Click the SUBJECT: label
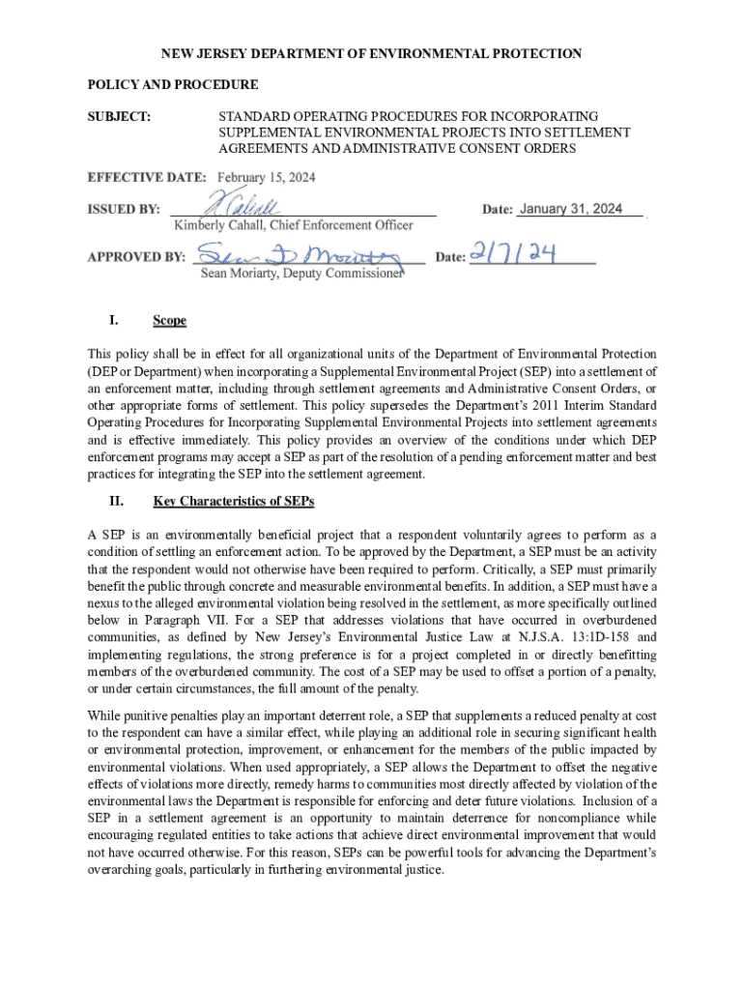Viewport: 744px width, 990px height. coord(119,117)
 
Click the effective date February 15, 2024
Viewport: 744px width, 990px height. coord(266,178)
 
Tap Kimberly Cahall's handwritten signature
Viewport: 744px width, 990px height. coord(242,204)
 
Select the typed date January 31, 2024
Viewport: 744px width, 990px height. coord(570,209)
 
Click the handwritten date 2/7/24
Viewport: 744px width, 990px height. coord(513,254)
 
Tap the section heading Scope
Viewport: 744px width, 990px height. coord(169,320)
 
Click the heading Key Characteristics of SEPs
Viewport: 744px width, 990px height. coord(233,502)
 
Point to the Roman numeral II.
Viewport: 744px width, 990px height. coord(116,502)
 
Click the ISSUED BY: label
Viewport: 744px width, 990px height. coord(124,210)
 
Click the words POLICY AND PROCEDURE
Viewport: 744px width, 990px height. coord(173,85)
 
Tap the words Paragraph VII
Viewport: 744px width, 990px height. coord(177,620)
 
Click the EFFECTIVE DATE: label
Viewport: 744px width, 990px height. coord(147,178)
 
